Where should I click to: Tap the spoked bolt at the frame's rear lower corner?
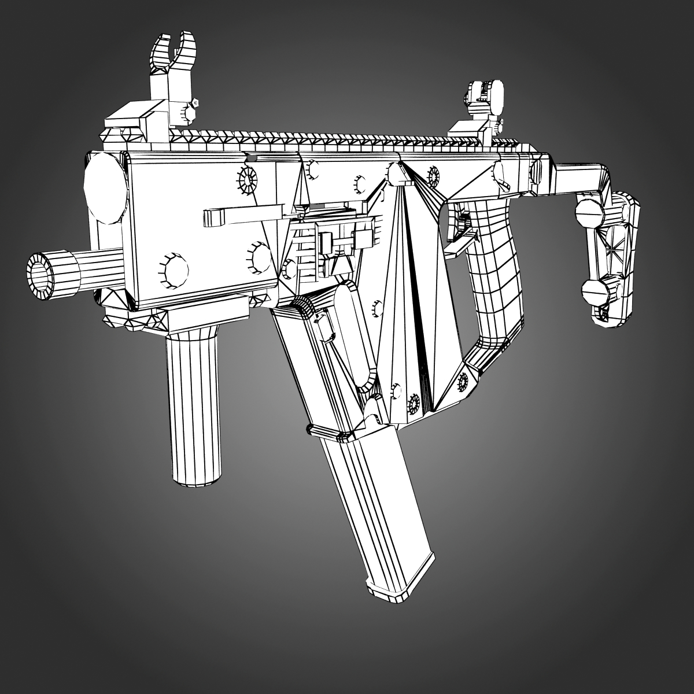[463, 380]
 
